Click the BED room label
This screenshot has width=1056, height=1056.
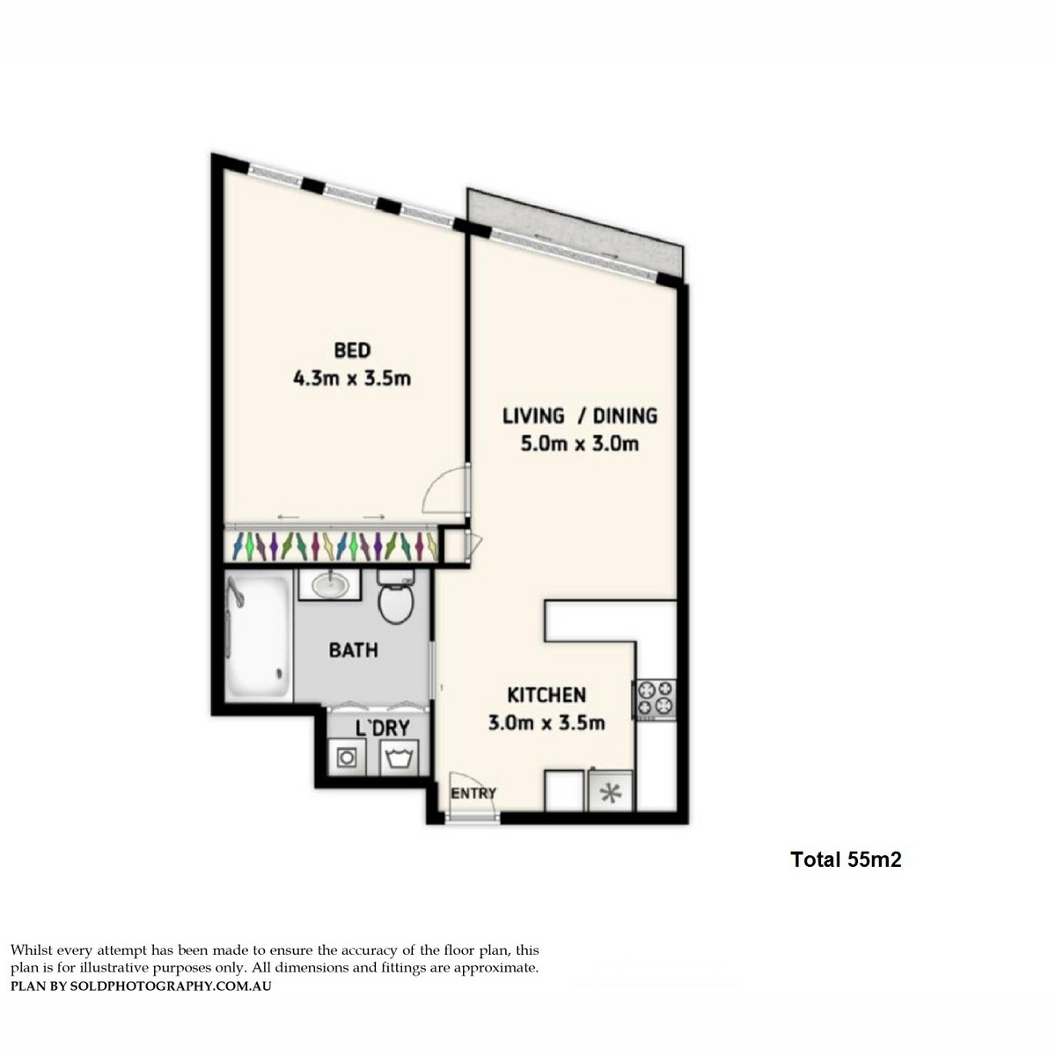point(352,350)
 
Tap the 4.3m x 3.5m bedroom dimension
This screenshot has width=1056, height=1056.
point(352,378)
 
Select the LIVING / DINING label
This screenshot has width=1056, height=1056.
point(580,416)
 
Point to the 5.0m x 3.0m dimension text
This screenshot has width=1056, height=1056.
point(580,444)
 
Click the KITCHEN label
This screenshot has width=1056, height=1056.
point(546,695)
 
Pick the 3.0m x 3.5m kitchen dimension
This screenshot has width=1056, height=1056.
point(546,723)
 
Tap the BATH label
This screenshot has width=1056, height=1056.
point(354,650)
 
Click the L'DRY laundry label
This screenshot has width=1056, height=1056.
point(383,728)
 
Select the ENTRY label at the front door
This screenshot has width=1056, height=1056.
point(473,793)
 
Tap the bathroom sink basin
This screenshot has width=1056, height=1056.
point(330,586)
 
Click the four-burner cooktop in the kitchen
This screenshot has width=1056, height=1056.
point(656,700)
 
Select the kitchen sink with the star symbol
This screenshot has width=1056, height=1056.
point(611,792)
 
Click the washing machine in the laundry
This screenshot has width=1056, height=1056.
point(347,758)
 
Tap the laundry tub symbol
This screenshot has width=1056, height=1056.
point(399,758)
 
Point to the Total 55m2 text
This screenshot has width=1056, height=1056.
point(846,859)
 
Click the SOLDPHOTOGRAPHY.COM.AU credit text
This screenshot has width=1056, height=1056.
point(171,986)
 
